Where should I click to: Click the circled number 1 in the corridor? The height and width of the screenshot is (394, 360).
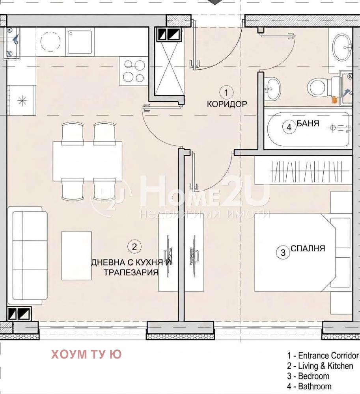coord(226,93)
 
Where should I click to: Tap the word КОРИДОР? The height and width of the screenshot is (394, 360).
coord(227,104)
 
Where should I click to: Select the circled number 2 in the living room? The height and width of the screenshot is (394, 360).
coord(134,247)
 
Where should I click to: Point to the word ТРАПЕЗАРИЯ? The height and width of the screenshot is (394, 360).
coord(131,272)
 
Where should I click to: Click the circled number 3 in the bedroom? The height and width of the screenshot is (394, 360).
coord(283,252)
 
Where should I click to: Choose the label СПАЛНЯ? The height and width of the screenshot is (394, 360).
coord(308,248)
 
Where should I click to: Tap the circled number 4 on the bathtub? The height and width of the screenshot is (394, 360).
coord(289,127)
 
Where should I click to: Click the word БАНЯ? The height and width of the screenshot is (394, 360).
coord(308,123)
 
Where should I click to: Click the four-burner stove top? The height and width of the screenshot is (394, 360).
coord(133,71)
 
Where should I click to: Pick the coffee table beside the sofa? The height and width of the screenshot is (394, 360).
coord(76,255)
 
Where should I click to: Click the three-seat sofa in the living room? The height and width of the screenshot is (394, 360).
coord(28,256)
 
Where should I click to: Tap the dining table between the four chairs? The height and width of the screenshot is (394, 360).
coord(87,161)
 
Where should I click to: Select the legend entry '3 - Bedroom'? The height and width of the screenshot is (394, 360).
coord(308,376)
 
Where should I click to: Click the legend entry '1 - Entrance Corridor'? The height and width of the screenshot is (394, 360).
coord(323,355)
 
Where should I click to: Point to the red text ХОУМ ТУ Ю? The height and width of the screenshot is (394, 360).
coord(86,354)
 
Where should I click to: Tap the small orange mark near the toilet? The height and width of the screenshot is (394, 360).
coord(335,100)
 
